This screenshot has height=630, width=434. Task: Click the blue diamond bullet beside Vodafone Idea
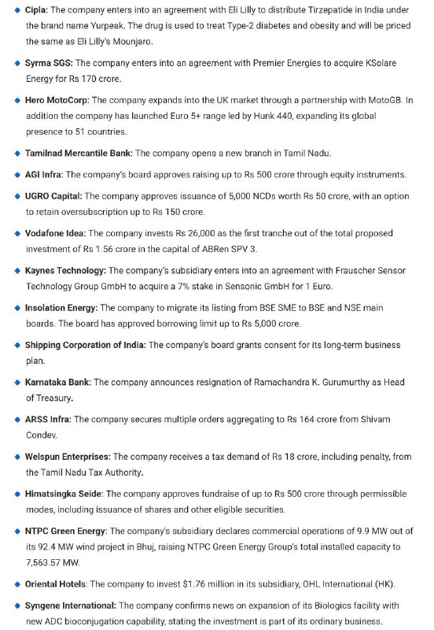click(x=17, y=233)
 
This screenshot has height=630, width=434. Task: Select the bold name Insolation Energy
click(x=61, y=308)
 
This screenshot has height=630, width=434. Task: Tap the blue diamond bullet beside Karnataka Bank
click(x=17, y=383)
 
